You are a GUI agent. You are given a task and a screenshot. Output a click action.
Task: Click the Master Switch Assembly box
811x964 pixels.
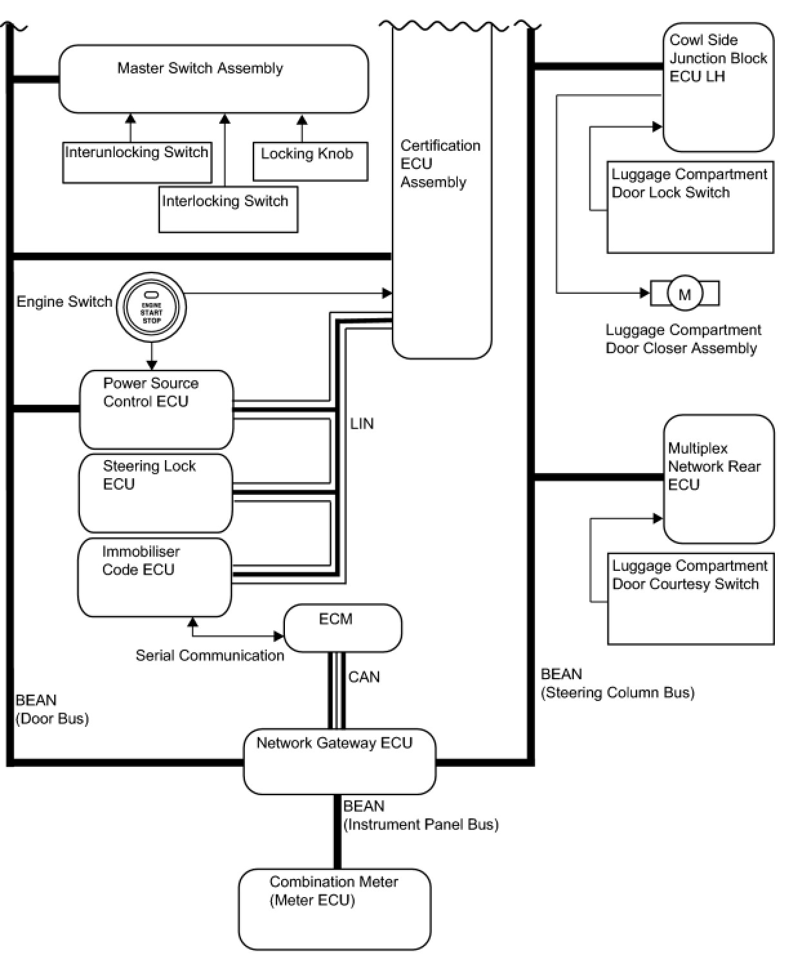(213, 79)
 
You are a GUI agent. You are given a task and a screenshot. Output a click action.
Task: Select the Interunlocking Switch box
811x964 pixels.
(137, 162)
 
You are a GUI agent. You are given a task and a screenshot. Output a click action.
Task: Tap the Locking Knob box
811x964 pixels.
(309, 161)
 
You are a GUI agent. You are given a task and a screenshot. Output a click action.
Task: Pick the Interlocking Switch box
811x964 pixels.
(228, 209)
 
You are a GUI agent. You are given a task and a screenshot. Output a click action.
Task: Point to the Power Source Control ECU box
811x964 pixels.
(156, 409)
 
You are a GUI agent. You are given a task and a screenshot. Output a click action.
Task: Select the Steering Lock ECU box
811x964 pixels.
(155, 493)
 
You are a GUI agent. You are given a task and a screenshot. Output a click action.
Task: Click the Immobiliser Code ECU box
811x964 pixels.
(154, 577)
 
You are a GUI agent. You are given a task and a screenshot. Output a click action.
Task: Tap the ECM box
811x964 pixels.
(342, 628)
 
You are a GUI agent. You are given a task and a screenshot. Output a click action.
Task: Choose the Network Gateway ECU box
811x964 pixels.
(339, 762)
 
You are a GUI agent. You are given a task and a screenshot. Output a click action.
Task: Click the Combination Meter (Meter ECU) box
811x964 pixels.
(334, 909)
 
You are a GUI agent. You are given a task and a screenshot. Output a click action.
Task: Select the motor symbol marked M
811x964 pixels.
(685, 294)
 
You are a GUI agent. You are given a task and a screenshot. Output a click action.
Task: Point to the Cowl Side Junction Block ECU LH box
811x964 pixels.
(718, 87)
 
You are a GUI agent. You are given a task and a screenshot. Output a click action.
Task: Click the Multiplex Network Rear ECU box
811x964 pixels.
(718, 479)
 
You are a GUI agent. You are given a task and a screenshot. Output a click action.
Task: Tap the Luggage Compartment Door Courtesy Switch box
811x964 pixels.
(690, 598)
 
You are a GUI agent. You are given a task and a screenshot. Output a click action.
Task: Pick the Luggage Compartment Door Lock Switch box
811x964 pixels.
(690, 207)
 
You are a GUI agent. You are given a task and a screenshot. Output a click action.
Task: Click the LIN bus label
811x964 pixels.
(362, 423)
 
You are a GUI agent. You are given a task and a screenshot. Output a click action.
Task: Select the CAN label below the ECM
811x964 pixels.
(364, 677)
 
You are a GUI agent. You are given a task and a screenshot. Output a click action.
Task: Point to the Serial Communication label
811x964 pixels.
(210, 655)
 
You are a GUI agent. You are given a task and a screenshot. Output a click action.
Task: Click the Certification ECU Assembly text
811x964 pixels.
(440, 164)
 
